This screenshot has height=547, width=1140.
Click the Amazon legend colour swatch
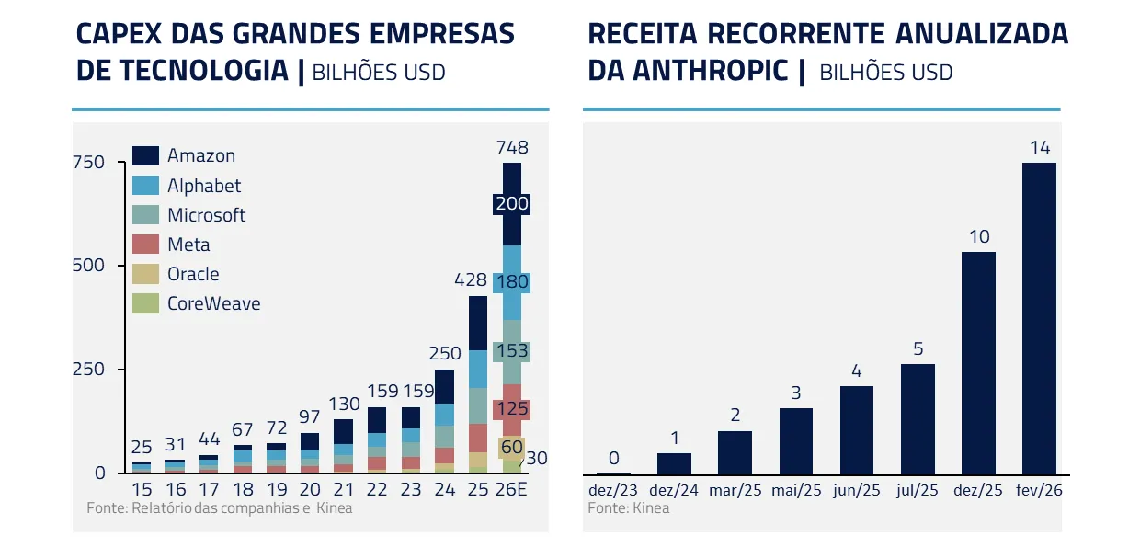coord(145,155)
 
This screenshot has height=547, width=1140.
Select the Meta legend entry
coord(188,245)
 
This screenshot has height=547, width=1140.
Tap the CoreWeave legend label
coord(213,303)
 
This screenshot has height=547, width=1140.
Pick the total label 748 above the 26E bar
coord(511,148)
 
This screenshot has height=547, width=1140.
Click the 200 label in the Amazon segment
coord(511,204)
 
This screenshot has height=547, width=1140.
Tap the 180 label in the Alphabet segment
coord(511,281)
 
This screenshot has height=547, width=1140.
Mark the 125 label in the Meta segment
coord(511,409)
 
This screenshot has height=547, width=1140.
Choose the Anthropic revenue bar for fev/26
coord(1039,318)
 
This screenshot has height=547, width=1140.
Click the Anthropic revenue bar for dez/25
coord(978,362)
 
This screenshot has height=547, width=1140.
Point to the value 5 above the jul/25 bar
coord(918,349)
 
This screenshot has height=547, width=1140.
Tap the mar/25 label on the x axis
coord(735,491)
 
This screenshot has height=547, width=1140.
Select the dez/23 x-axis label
coord(613,491)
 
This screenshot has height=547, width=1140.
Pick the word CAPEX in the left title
coord(115,34)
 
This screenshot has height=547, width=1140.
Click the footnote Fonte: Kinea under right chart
coord(629,507)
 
